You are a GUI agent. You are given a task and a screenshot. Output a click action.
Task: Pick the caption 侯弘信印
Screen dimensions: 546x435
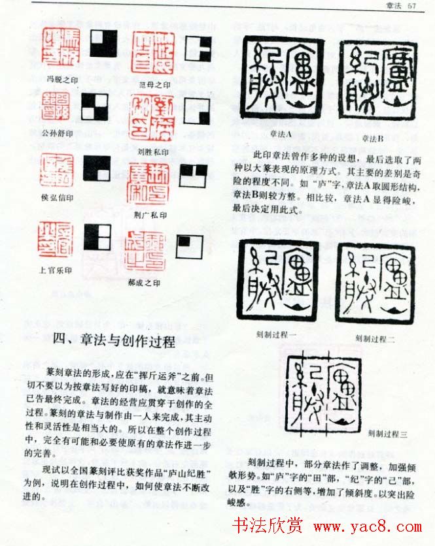point(58,197)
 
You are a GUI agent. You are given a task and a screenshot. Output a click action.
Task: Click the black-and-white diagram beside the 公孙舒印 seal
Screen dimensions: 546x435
point(94,106)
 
